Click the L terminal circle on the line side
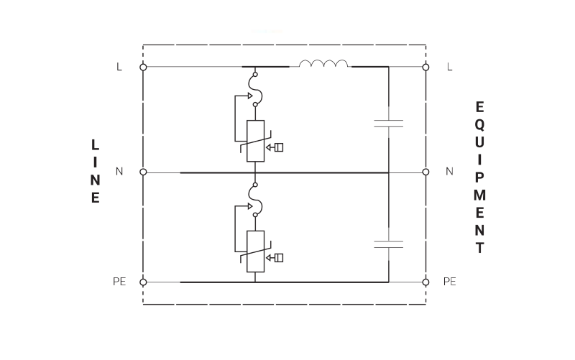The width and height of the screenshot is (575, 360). (x=143, y=67)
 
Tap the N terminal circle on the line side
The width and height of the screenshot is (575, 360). (x=143, y=172)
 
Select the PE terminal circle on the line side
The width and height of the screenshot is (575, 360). (x=143, y=282)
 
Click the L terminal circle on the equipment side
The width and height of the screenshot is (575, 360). (x=425, y=67)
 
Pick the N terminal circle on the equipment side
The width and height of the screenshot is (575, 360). (x=425, y=172)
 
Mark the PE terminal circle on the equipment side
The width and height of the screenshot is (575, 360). (x=425, y=282)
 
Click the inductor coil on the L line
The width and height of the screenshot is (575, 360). (x=323, y=63)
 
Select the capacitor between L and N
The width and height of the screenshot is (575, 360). (x=388, y=124)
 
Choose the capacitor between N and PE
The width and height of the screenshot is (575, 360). (x=388, y=244)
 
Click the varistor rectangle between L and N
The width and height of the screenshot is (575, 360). (x=256, y=141)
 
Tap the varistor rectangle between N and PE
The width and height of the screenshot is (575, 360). (x=256, y=251)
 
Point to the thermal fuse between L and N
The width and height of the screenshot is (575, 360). (x=256, y=89)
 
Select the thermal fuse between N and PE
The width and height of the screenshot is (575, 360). (x=256, y=200)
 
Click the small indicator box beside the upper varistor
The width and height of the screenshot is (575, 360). (x=279, y=147)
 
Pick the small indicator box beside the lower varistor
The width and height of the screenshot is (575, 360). (x=279, y=258)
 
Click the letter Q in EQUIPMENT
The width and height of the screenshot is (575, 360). (x=479, y=125)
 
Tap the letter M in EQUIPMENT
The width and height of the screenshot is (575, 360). (x=479, y=195)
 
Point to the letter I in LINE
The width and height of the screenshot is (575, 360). (x=96, y=162)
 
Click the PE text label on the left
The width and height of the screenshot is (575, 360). (x=119, y=282)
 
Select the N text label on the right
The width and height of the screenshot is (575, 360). (x=450, y=171)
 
